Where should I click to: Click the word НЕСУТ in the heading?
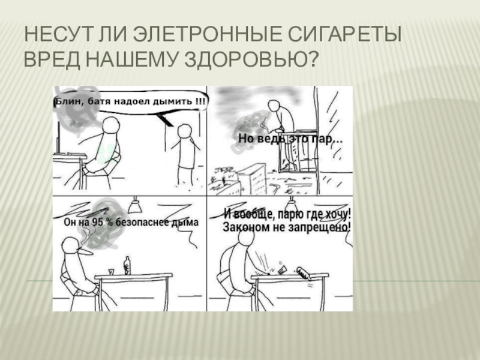click(58, 34)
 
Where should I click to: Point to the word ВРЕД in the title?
click(52, 59)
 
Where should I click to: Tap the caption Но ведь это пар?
click(290, 139)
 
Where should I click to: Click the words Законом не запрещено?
click(287, 227)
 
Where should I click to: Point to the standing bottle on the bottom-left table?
click(127, 266)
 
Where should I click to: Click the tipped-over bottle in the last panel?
click(304, 274)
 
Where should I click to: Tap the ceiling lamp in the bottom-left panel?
click(134, 205)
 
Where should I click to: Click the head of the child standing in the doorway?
click(185, 131)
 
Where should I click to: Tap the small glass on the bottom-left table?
click(111, 272)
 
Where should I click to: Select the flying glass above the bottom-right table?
click(283, 269)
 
